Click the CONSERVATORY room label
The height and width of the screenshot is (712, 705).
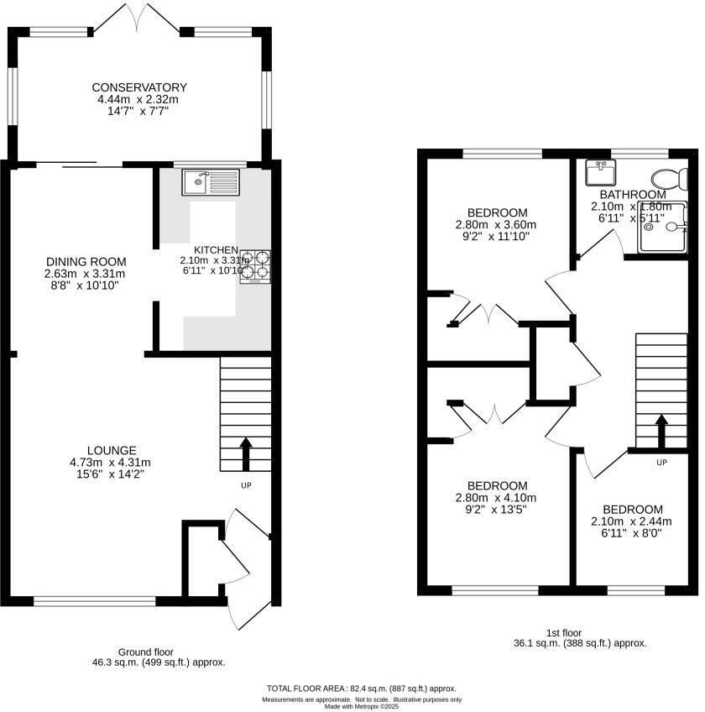click(139, 87)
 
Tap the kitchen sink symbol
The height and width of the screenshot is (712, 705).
click(211, 181)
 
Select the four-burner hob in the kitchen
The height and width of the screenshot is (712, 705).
click(257, 265)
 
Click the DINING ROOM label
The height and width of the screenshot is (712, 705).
click(85, 261)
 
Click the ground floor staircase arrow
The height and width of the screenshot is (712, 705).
click(246, 453)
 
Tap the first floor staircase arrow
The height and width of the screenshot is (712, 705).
click(661, 432)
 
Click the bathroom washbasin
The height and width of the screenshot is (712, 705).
click(601, 172)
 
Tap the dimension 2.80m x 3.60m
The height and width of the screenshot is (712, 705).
click(496, 224)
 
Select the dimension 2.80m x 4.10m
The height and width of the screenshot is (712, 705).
click(496, 498)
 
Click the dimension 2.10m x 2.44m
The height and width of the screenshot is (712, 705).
click(632, 521)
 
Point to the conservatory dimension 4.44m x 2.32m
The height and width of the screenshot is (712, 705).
click(139, 99)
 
